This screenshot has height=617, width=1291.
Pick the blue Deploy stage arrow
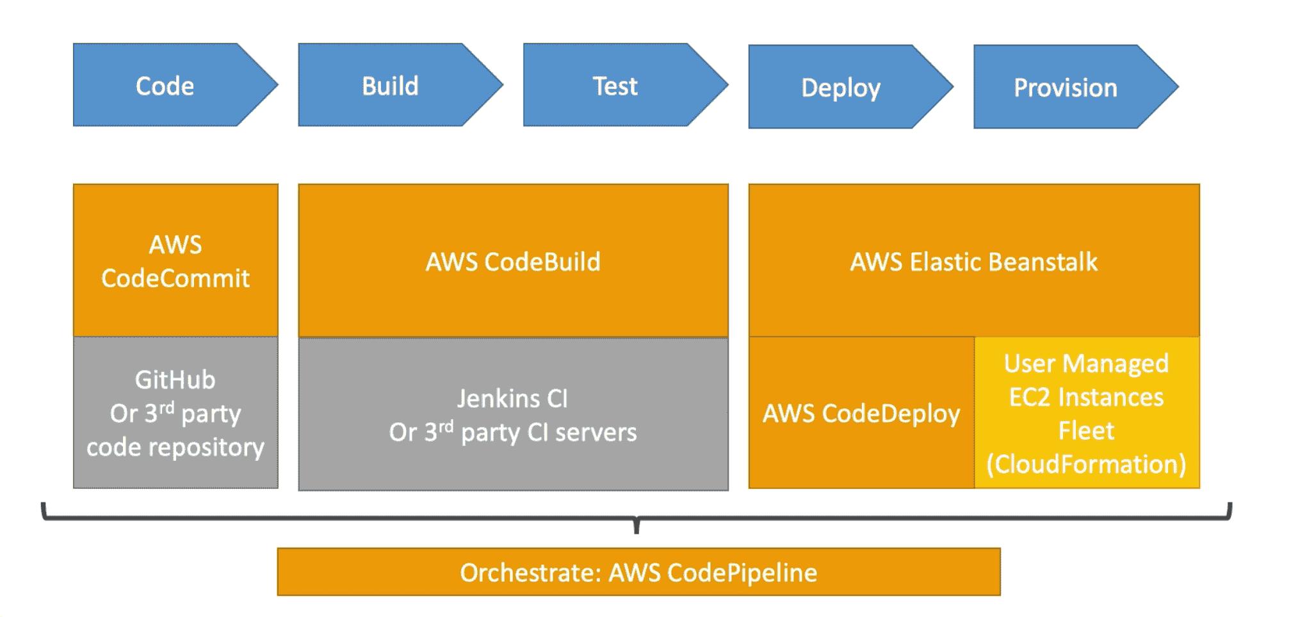click(841, 87)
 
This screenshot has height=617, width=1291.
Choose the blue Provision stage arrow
click(1066, 87)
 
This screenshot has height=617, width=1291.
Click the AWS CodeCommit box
click(175, 260)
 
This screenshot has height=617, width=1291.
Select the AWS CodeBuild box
click(513, 260)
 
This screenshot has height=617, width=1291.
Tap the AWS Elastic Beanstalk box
click(973, 260)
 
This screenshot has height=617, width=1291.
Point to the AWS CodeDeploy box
click(861, 413)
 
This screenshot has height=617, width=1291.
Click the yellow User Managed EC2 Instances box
click(1087, 413)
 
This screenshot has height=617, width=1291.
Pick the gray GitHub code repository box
click(175, 413)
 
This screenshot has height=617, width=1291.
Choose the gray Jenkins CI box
click(513, 415)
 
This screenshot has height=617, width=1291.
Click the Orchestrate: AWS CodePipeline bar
click(638, 572)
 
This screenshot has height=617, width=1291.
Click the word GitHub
click(175, 380)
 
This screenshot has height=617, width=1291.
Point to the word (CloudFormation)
click(1087, 464)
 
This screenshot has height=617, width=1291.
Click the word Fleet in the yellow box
click(1087, 431)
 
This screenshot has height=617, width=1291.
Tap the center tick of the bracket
click(637, 525)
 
